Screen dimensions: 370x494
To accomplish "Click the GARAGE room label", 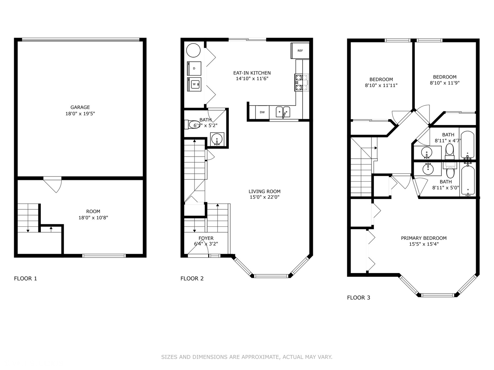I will pos(80,107).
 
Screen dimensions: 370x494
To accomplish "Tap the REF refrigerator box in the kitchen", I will pos(300,51).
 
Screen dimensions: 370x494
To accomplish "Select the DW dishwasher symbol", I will pos(262,112).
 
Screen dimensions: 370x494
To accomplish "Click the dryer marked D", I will pos(194,68).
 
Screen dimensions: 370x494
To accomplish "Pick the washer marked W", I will pos(194,84).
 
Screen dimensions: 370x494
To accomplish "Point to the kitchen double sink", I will pos(283,112).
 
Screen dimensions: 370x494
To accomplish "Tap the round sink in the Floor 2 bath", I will pos(217,139).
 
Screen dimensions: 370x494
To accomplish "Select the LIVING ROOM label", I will pos(264,192).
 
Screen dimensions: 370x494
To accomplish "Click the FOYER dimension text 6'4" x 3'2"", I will pos(206,244).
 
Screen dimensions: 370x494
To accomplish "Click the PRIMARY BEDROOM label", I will pos(424,238).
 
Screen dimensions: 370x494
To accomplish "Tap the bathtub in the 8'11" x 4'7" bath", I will pos(467,144).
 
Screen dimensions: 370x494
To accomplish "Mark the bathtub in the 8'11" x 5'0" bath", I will pos(468,180).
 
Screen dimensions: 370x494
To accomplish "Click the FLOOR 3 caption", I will pos(358,297).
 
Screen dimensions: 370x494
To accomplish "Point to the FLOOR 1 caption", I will pos(25,278).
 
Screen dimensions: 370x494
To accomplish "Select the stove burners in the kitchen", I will pos(298,83).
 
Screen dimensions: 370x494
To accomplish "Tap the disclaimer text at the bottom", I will pos(247,357).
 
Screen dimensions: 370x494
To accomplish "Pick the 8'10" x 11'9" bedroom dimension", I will pos(445,83).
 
